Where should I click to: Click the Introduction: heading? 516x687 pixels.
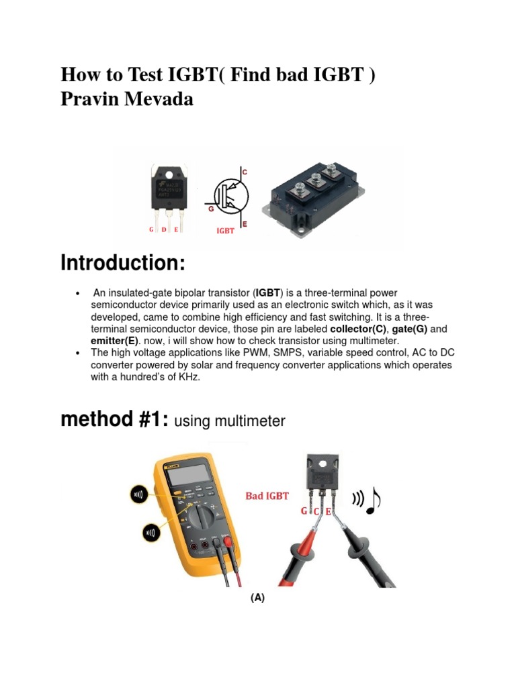pos(122,264)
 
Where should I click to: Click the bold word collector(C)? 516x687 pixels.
pos(359,329)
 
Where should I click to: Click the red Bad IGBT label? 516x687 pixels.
pos(267,496)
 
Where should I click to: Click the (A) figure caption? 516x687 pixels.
pos(258,598)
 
